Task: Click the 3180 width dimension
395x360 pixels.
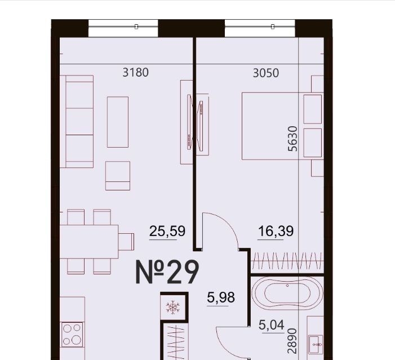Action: (x=136, y=72)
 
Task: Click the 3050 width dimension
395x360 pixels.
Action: (x=266, y=73)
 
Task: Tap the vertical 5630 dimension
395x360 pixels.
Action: (x=292, y=139)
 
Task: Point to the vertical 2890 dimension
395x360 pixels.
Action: (x=292, y=341)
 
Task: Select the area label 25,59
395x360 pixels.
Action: (x=167, y=231)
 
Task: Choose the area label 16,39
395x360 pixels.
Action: (x=276, y=231)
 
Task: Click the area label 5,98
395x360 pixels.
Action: (x=221, y=297)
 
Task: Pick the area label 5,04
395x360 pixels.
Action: (x=272, y=325)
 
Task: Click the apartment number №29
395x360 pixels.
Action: (x=167, y=272)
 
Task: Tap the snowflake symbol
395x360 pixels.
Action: (x=173, y=307)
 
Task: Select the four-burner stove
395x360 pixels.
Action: (x=72, y=335)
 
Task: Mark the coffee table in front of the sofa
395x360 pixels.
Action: (x=118, y=122)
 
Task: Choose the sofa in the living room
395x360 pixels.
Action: (x=77, y=122)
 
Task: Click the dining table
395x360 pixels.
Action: (x=89, y=242)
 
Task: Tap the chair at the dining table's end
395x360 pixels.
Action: (x=126, y=242)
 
